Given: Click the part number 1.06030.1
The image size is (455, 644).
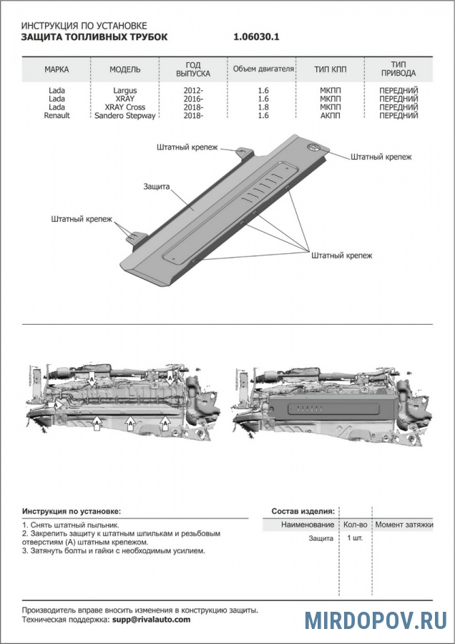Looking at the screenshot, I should pyautogui.click(x=256, y=36).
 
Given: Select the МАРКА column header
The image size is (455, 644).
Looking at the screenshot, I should pyautogui.click(x=57, y=69).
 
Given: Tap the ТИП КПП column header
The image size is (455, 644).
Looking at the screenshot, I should pyautogui.click(x=330, y=69).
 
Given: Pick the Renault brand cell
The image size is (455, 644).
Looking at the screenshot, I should pyautogui.click(x=57, y=115).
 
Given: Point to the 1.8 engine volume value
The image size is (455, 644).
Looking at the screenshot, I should pyautogui.click(x=263, y=107).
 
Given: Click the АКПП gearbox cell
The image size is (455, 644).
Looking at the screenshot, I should pyautogui.click(x=330, y=115).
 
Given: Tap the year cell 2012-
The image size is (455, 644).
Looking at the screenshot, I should pyautogui.click(x=193, y=91).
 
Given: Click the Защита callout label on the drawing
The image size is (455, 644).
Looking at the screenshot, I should pyautogui.click(x=156, y=186).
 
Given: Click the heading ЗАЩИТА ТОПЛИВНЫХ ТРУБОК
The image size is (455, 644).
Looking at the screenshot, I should pyautogui.click(x=94, y=36).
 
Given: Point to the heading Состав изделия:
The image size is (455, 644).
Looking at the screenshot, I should pyautogui.click(x=303, y=512).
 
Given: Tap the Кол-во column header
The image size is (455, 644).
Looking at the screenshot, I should pyautogui.click(x=355, y=525).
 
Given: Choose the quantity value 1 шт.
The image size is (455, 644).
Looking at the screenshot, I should pyautogui.click(x=355, y=538).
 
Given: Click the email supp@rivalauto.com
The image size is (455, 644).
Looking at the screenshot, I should pyautogui.click(x=151, y=620).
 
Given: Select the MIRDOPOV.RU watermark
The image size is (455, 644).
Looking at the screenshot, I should pyautogui.click(x=376, y=620).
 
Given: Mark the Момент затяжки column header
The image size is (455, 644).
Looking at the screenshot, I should pyautogui.click(x=404, y=525).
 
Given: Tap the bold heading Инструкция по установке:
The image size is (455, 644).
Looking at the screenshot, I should pyautogui.click(x=72, y=512).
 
